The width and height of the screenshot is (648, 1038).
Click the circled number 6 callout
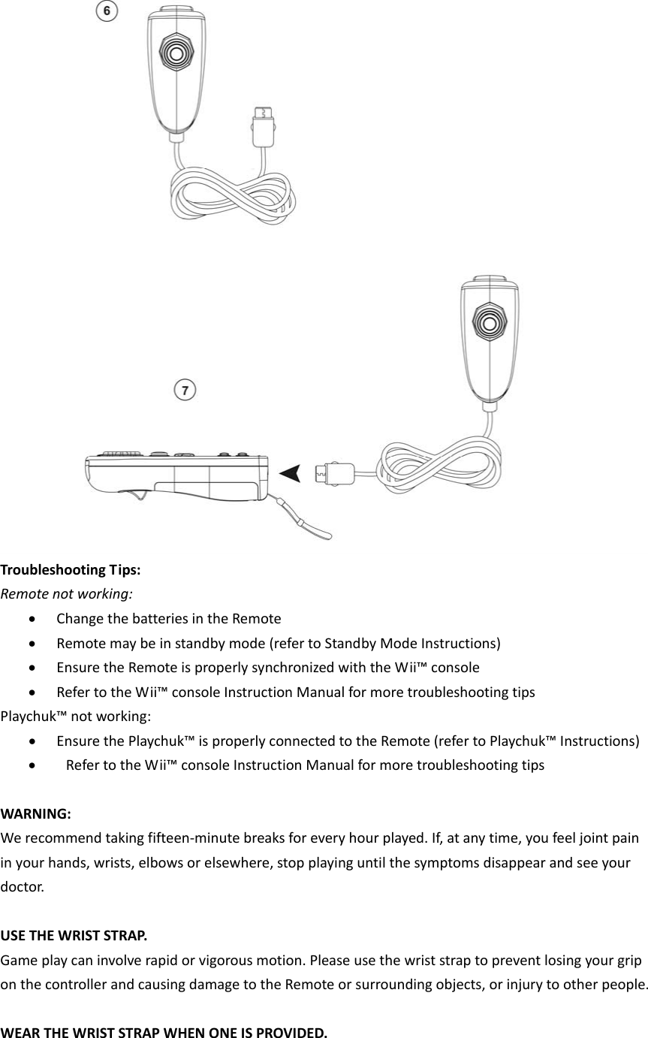(x=109, y=11)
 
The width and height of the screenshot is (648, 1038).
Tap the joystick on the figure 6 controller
(x=176, y=55)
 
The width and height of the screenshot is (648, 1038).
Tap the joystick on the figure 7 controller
(x=489, y=324)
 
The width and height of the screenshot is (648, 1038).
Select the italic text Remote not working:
(x=67, y=593)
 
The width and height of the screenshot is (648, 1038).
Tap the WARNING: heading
(x=37, y=813)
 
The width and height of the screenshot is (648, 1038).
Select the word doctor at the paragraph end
(x=21, y=887)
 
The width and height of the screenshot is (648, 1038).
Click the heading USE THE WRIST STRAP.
(x=74, y=936)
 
